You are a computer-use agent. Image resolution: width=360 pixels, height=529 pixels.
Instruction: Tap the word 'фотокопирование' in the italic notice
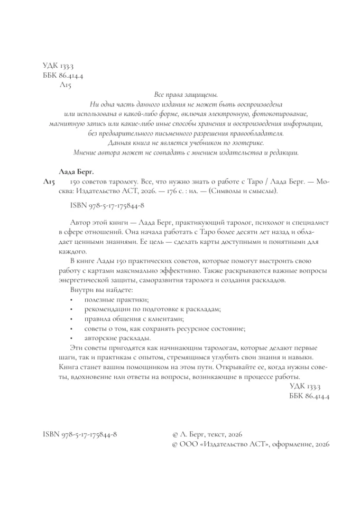pos(280,113)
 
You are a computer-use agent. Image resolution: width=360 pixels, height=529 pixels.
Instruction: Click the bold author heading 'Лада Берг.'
pos(73,171)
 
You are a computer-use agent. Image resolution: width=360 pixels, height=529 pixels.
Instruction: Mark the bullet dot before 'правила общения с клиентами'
pos(71,319)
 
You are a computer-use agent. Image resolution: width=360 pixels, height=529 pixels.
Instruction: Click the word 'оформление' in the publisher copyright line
pos(292,444)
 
